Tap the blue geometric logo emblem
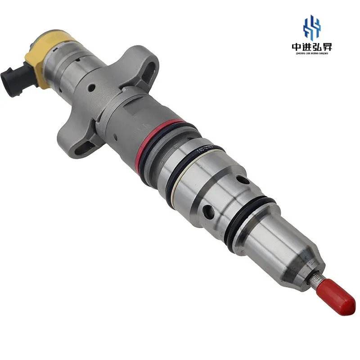point(311,27)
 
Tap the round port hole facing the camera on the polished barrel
point(208,211)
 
